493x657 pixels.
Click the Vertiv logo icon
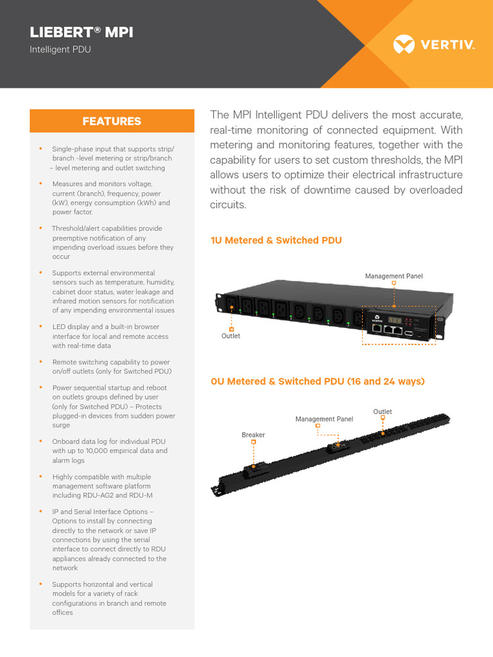click(404, 45)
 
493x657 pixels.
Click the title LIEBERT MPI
click(82, 33)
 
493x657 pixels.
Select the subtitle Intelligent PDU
click(60, 49)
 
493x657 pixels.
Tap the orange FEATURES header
click(112, 121)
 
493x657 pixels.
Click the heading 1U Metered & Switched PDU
click(276, 240)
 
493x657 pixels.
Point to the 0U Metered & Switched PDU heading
click(318, 381)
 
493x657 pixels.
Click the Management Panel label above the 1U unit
click(394, 276)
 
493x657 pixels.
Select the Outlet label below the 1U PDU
click(231, 336)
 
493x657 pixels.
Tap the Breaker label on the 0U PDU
click(253, 435)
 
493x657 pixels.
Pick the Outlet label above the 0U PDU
click(382, 411)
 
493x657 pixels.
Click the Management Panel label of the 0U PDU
click(324, 419)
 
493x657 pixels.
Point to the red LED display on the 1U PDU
click(395, 320)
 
